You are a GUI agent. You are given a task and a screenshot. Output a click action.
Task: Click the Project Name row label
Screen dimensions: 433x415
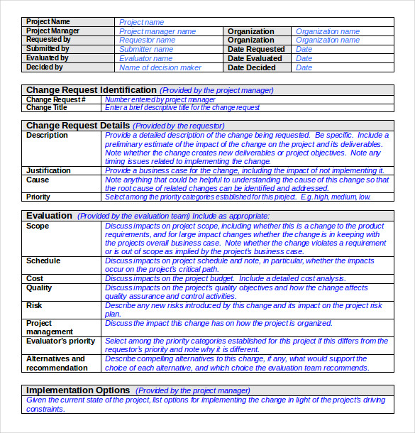[x=48, y=22]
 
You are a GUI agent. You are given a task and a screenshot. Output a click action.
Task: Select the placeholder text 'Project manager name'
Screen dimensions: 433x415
[x=157, y=31]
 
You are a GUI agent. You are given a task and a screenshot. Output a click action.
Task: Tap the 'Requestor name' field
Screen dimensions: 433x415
[x=147, y=40]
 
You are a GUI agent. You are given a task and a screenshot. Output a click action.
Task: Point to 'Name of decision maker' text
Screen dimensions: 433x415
[x=160, y=68]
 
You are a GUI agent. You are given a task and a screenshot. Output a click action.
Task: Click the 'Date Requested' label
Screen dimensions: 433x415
[x=256, y=50]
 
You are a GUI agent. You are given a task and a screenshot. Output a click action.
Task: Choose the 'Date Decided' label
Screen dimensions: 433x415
[x=252, y=68]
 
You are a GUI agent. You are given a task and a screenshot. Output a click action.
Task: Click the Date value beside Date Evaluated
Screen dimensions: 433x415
[x=304, y=59]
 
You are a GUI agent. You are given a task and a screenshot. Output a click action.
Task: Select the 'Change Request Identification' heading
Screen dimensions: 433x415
[x=91, y=90]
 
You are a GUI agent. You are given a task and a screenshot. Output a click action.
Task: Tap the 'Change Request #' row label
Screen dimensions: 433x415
[x=56, y=100]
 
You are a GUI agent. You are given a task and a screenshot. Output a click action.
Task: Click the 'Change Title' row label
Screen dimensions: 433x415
[x=47, y=108]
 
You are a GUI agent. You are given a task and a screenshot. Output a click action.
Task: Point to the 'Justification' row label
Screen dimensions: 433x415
[x=48, y=170]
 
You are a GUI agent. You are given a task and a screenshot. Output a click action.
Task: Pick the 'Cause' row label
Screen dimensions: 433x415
[x=38, y=180]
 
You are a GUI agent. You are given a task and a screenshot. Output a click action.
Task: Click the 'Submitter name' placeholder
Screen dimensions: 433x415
[x=146, y=50]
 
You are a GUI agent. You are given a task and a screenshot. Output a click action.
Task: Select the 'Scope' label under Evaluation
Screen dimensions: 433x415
[x=38, y=226]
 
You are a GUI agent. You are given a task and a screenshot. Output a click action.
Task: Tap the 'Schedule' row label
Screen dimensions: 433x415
[x=43, y=261]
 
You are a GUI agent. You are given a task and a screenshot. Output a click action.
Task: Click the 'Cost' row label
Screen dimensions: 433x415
[x=35, y=279]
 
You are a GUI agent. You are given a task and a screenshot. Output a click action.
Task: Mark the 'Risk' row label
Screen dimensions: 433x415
[x=34, y=305]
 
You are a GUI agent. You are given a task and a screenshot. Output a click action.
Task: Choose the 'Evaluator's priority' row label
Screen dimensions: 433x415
[x=60, y=341]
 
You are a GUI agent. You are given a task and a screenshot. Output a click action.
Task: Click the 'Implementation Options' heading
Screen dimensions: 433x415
[x=78, y=390]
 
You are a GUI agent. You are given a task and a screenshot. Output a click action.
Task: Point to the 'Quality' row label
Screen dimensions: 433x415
[x=39, y=288]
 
